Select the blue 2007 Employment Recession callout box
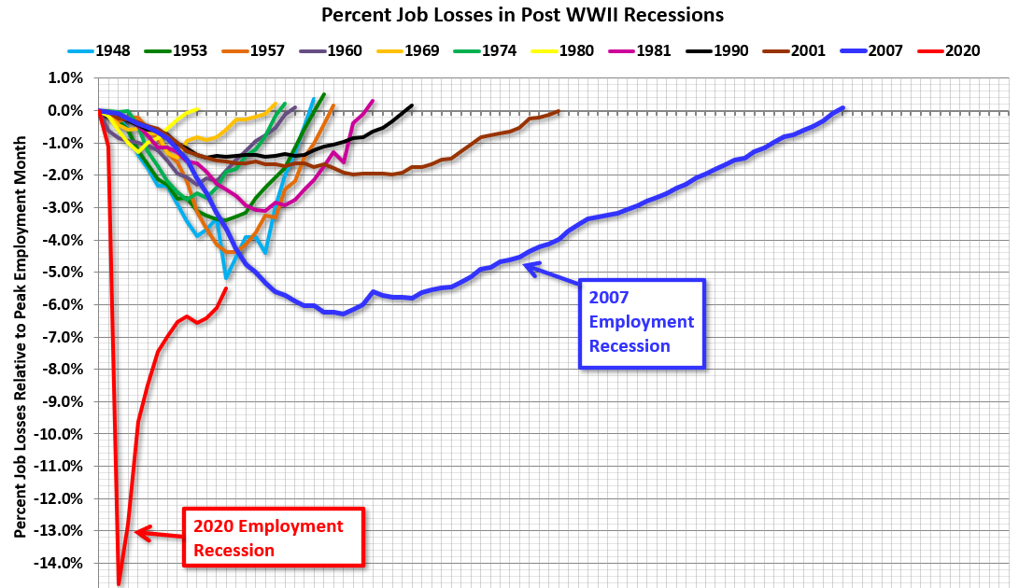click(x=641, y=322)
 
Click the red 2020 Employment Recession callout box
click(x=272, y=539)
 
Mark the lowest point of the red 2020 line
click(x=119, y=583)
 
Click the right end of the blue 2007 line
click(x=842, y=108)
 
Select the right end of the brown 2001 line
click(x=558, y=112)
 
